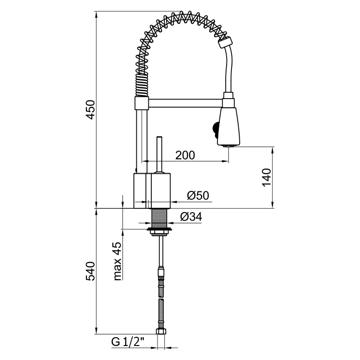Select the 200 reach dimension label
click(x=185, y=155)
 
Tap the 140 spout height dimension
click(x=266, y=177)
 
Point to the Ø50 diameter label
click(x=197, y=196)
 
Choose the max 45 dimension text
click(x=117, y=261)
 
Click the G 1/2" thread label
click(x=128, y=342)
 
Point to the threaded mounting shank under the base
click(x=160, y=218)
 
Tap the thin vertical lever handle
click(x=160, y=155)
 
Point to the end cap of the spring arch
click(x=223, y=43)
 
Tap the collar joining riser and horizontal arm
click(x=142, y=102)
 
